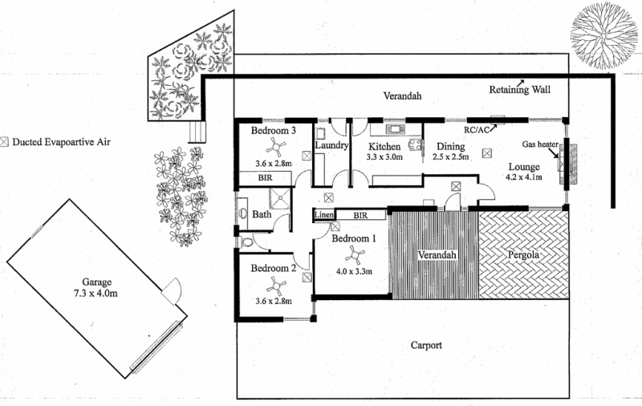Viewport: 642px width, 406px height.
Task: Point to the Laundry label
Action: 331,146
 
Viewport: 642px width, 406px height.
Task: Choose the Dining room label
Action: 450,146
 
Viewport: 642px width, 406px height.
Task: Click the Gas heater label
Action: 540,144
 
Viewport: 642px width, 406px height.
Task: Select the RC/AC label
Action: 477,128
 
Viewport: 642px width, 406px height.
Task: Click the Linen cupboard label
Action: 323,215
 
